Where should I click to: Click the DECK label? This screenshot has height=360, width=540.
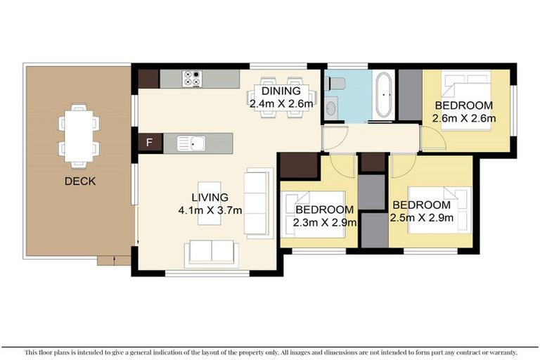79,181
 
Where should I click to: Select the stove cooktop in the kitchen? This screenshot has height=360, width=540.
191,78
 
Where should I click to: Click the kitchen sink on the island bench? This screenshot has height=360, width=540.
191,143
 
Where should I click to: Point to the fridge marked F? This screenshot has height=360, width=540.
150,143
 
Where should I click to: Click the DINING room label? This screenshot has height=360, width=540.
281,91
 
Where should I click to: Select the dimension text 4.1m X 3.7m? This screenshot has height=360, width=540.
210,210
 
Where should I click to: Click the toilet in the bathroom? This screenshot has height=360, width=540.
337,84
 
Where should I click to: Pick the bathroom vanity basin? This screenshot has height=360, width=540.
331,108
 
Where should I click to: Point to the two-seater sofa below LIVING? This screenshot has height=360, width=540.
211,254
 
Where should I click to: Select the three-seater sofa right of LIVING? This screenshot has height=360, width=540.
257,203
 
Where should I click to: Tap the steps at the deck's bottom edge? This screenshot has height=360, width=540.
113,261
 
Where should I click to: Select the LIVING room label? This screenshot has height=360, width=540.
210,197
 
